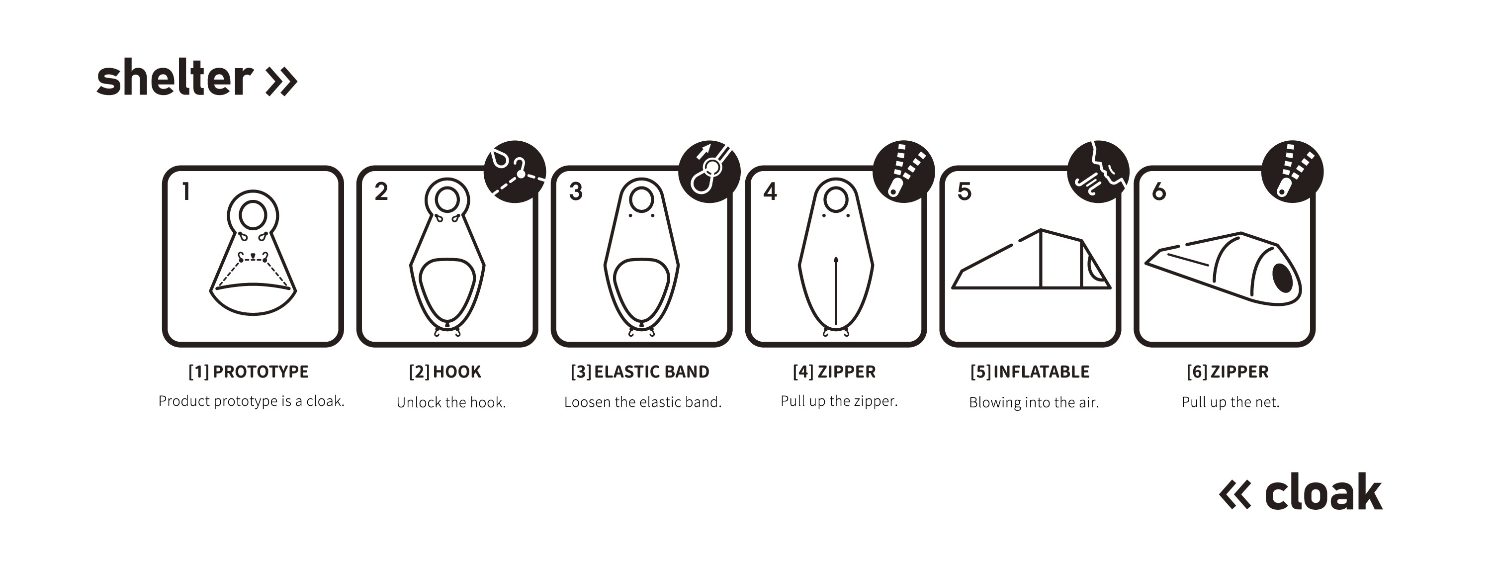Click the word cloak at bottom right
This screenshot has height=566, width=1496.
(x=1323, y=491)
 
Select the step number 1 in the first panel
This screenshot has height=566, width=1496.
(x=186, y=191)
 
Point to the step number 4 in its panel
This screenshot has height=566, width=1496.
(x=770, y=191)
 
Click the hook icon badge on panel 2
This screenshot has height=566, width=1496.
(x=515, y=172)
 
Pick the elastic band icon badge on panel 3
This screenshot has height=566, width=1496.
(x=709, y=172)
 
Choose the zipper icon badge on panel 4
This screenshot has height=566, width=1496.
(x=904, y=172)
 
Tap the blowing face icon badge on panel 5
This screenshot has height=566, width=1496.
(x=1098, y=172)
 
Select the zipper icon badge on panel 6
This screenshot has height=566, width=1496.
(x=1293, y=172)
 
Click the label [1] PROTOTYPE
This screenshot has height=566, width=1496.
(x=249, y=372)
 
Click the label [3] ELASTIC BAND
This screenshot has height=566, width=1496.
(x=640, y=372)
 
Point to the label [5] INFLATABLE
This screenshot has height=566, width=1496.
(x=1030, y=372)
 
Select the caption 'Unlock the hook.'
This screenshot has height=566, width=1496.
(x=451, y=402)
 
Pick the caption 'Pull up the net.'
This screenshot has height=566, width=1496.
(x=1231, y=401)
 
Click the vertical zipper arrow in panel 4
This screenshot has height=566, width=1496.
(x=836, y=290)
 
